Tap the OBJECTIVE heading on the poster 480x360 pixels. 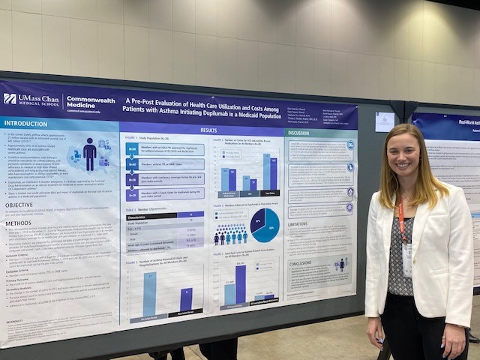pos(19,205)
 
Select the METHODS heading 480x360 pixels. pos(19,223)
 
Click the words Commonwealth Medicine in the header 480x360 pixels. pos(94,100)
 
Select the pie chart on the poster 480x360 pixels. pos(265,225)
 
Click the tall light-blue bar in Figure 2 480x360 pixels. pos(150,294)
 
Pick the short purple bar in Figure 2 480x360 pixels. pos(186,299)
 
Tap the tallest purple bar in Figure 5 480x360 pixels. pos(241,284)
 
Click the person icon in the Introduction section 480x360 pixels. pos(90,154)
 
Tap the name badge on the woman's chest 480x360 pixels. pos(407,259)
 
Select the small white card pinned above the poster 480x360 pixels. pos(385,121)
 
